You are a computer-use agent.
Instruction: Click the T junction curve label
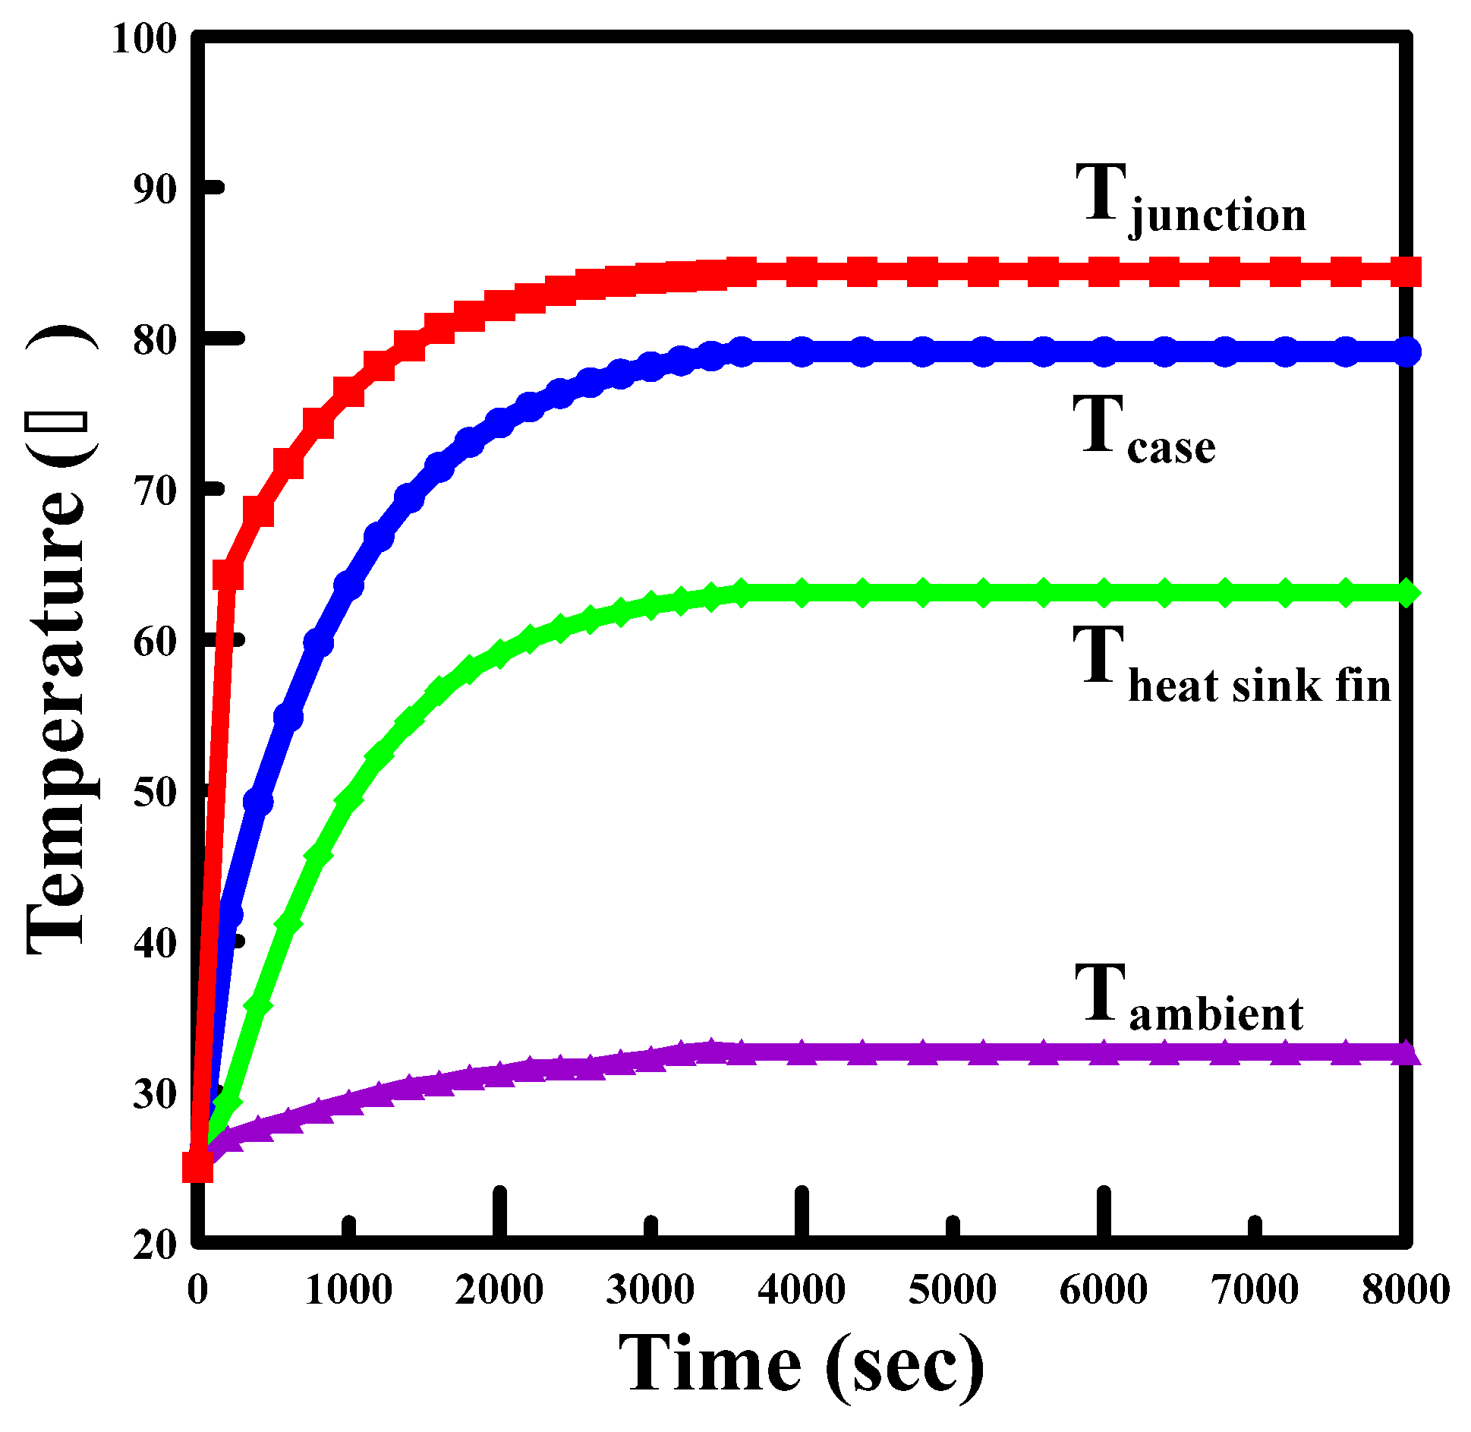[x=1190, y=199]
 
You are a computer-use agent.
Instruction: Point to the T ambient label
[x=1189, y=998]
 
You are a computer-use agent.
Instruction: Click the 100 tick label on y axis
[x=143, y=38]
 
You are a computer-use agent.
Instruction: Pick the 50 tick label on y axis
[x=155, y=793]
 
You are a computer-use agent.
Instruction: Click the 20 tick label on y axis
[x=155, y=1245]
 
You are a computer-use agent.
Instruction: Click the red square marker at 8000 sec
[x=1406, y=271]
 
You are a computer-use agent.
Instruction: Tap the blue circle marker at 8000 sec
[x=1406, y=352]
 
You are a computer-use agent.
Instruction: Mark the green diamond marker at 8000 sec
[x=1406, y=592]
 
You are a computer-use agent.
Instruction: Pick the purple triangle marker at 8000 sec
[x=1406, y=1053]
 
